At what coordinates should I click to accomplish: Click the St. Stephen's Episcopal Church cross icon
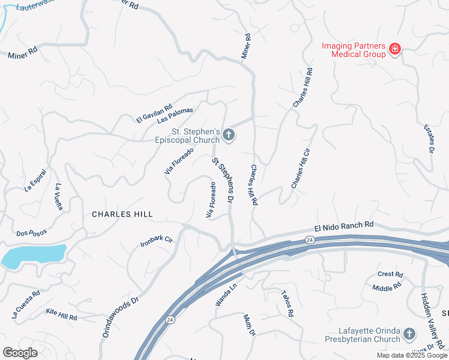(x=228, y=136)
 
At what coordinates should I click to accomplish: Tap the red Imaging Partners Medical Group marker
(x=395, y=49)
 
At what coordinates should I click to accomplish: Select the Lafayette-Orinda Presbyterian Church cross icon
(x=409, y=334)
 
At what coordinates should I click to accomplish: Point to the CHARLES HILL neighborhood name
(x=122, y=214)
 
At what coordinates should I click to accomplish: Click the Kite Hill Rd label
(x=62, y=313)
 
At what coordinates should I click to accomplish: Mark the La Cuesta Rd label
(x=26, y=304)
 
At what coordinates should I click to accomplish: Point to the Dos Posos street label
(x=31, y=233)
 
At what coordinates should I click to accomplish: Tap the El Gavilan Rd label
(x=154, y=112)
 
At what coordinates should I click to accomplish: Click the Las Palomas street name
(x=175, y=115)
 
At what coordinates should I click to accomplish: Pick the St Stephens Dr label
(x=222, y=179)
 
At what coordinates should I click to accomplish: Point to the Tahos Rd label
(x=287, y=304)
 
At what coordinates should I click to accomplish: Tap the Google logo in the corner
(x=20, y=353)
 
